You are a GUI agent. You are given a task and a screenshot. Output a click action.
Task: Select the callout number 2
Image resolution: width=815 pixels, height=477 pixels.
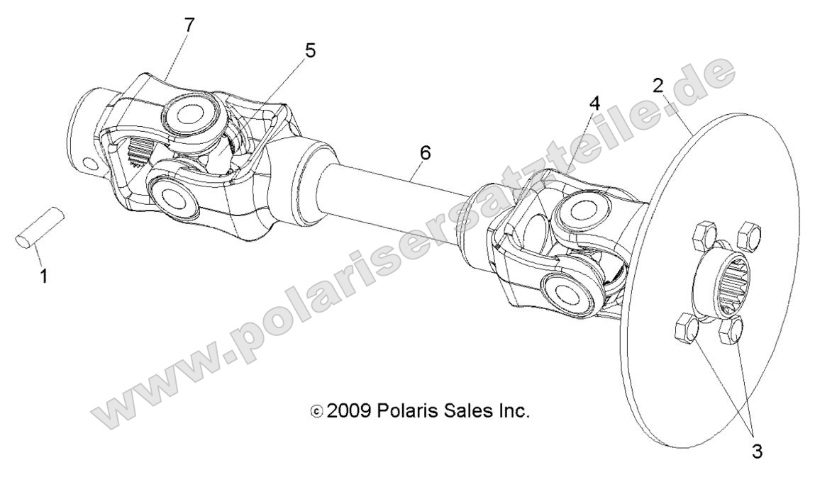click(x=658, y=86)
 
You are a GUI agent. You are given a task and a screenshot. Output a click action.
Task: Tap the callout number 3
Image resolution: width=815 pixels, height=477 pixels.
click(x=758, y=451)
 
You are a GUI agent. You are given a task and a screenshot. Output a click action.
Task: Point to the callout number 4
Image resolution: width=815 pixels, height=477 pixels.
click(x=594, y=103)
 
